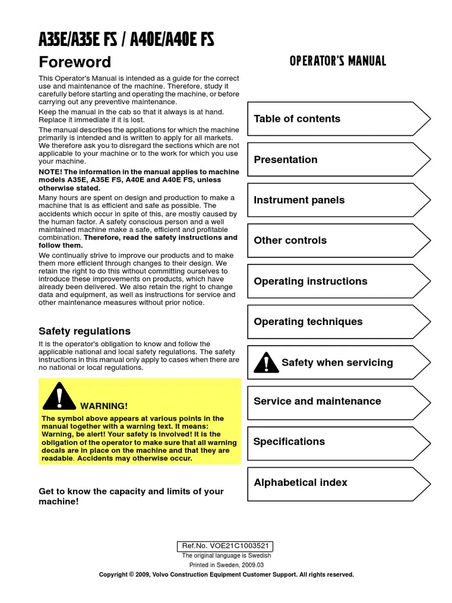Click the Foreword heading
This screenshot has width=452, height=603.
(75, 62)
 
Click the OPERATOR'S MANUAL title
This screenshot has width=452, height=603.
(338, 61)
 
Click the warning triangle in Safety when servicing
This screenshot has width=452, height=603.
(266, 363)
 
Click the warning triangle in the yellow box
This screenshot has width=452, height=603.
(59, 396)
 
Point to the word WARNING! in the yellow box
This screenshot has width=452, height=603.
(104, 406)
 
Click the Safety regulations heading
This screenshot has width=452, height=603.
(85, 331)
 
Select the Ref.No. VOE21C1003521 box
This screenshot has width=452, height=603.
(226, 546)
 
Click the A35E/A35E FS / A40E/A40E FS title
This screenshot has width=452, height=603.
(126, 40)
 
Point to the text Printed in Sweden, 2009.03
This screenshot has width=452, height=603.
(226, 565)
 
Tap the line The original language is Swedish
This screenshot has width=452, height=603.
(226, 555)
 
